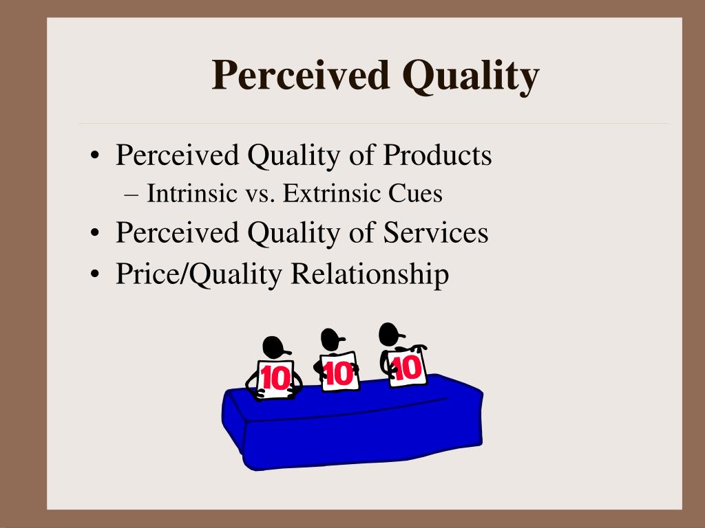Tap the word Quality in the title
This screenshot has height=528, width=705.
tap(471, 76)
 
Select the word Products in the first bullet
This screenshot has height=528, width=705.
tap(437, 155)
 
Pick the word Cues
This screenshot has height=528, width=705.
tap(415, 195)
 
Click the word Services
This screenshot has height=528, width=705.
tap(436, 232)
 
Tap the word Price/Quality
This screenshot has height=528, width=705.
tap(199, 274)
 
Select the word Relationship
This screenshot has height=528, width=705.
tap(370, 274)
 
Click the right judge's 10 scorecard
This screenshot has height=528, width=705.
tap(406, 368)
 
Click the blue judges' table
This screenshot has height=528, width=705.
tap(351, 430)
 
